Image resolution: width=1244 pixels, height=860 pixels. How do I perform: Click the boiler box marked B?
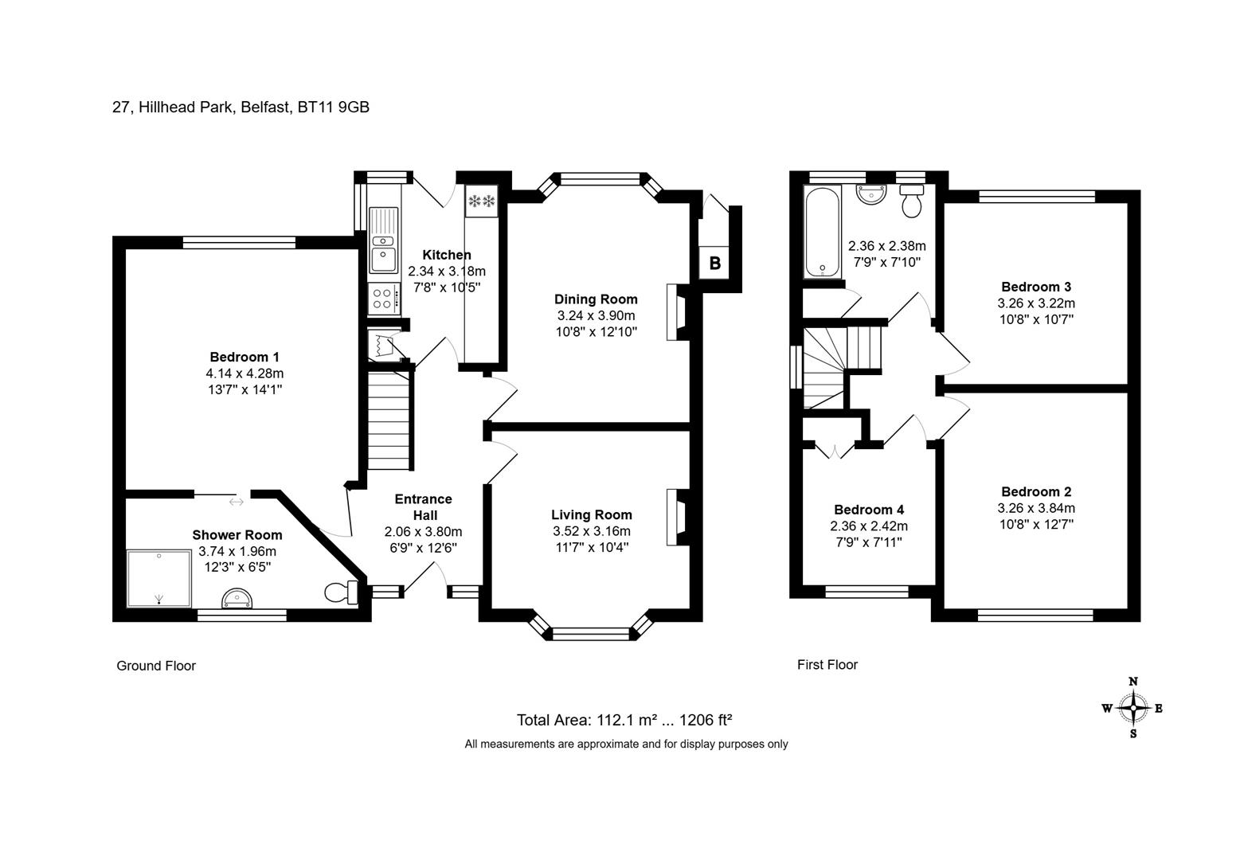coord(714,262)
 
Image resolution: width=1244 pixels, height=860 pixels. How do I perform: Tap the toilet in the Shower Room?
coord(341,592)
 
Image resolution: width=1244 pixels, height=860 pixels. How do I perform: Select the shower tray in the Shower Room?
coord(159,579)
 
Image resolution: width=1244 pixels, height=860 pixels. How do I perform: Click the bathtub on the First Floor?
coord(822,232)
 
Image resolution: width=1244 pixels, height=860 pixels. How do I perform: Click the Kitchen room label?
coord(447,255)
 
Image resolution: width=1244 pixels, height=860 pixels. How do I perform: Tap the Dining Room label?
coord(596,299)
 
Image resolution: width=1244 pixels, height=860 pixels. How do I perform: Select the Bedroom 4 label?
coord(869,510)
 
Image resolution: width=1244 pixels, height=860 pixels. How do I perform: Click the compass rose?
coord(1133,708)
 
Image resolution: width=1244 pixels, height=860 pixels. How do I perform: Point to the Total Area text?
coord(624,720)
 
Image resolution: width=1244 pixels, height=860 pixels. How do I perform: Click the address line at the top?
coord(241,107)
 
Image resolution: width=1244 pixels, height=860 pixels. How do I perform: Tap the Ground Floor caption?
coord(156,666)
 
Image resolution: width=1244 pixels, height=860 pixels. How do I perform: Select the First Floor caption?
coord(827,665)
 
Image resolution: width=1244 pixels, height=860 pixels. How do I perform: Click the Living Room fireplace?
coord(677,518)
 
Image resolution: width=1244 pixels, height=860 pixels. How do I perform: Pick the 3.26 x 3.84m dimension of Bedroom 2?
coord(1036,508)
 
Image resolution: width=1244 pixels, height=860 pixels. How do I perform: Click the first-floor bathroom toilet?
coord(911,201)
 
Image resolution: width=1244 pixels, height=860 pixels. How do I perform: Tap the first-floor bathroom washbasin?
coord(871,194)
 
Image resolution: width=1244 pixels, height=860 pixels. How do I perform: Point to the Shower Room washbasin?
coord(237,599)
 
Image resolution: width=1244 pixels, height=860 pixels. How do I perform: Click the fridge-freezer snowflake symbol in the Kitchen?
coord(481,201)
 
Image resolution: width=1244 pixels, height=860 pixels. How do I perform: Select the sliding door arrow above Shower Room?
coord(236,502)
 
